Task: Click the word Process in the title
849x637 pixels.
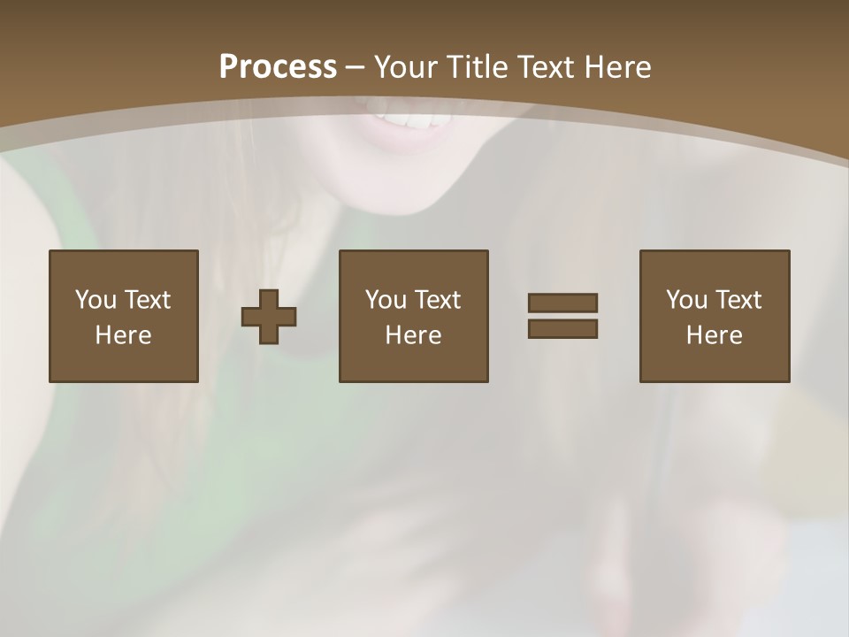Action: click(x=278, y=66)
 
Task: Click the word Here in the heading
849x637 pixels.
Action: click(x=619, y=66)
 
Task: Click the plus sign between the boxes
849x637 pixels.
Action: click(x=269, y=317)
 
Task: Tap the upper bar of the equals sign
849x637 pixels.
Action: click(x=562, y=303)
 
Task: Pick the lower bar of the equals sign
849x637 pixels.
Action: click(x=562, y=328)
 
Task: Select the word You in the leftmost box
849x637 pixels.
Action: click(x=96, y=300)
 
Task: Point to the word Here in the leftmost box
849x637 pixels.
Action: click(x=123, y=335)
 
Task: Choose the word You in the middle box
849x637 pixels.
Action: click(x=386, y=300)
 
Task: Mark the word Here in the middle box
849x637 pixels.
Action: click(x=413, y=335)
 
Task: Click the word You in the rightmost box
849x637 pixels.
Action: click(x=686, y=300)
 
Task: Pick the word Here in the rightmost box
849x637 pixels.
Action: click(x=714, y=335)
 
